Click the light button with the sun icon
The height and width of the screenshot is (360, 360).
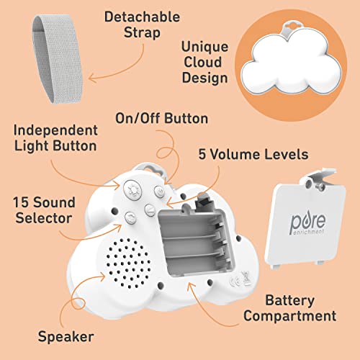[x=132, y=192]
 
